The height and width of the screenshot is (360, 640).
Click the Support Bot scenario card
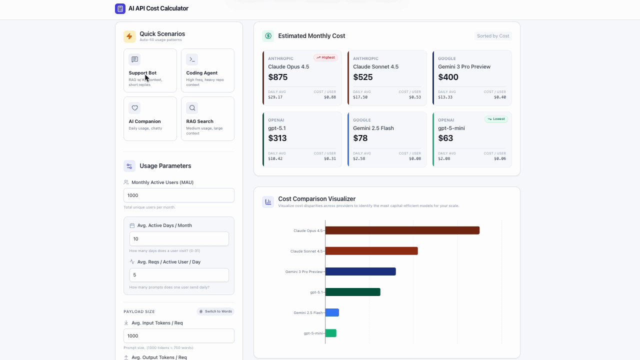(150, 70)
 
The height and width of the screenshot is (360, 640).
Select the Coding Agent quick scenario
(207, 70)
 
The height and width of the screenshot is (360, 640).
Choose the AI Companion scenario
(150, 119)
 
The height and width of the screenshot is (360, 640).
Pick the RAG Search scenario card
(207, 119)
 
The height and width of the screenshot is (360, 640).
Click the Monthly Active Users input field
(178, 195)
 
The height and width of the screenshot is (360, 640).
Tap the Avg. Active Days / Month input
(178, 239)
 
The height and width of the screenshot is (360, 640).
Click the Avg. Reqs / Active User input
(178, 275)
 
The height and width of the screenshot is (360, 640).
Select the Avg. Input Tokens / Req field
(178, 336)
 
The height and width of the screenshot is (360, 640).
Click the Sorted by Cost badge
(492, 36)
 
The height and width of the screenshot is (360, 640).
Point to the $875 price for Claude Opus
(278, 77)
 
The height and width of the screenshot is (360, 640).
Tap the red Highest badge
(325, 57)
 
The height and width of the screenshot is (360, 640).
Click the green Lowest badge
(496, 119)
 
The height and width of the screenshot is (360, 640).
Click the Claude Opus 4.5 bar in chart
(402, 230)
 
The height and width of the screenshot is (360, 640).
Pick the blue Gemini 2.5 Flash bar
(332, 312)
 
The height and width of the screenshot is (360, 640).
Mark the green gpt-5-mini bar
(330, 333)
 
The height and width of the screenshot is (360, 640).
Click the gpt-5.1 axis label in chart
(316, 292)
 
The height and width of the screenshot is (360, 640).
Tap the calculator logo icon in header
(120, 8)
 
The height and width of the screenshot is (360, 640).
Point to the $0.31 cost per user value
(330, 158)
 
